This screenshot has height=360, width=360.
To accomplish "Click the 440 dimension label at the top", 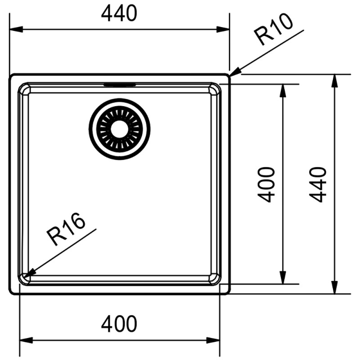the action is [119, 13].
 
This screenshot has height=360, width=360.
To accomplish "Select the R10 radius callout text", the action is [274, 29].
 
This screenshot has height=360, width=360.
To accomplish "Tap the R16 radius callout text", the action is [66, 229].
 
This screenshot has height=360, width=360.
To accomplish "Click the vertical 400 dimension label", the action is [266, 184].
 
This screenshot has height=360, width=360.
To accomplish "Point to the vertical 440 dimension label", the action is [318, 184].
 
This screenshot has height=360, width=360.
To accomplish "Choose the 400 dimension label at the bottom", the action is [119, 324].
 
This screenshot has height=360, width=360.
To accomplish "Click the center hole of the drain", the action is [119, 129].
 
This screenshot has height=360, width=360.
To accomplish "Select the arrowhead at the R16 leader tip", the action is [30, 273].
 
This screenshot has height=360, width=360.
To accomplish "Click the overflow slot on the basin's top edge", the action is [120, 85].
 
